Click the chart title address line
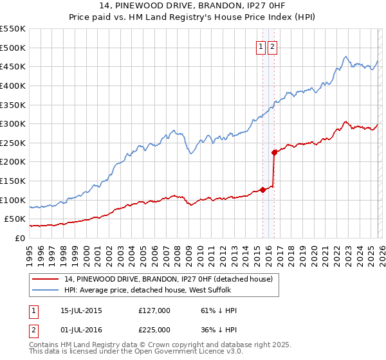pyautogui.click(x=192, y=6)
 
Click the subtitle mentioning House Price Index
pyautogui.click(x=192, y=17)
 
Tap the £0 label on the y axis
pyautogui.click(x=19, y=238)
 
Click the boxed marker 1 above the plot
pyautogui.click(x=261, y=46)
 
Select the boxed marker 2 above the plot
pyautogui.click(x=272, y=46)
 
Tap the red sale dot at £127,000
pyautogui.click(x=262, y=190)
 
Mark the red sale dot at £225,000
pyautogui.click(x=274, y=152)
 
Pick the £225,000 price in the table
pyautogui.click(x=154, y=330)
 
